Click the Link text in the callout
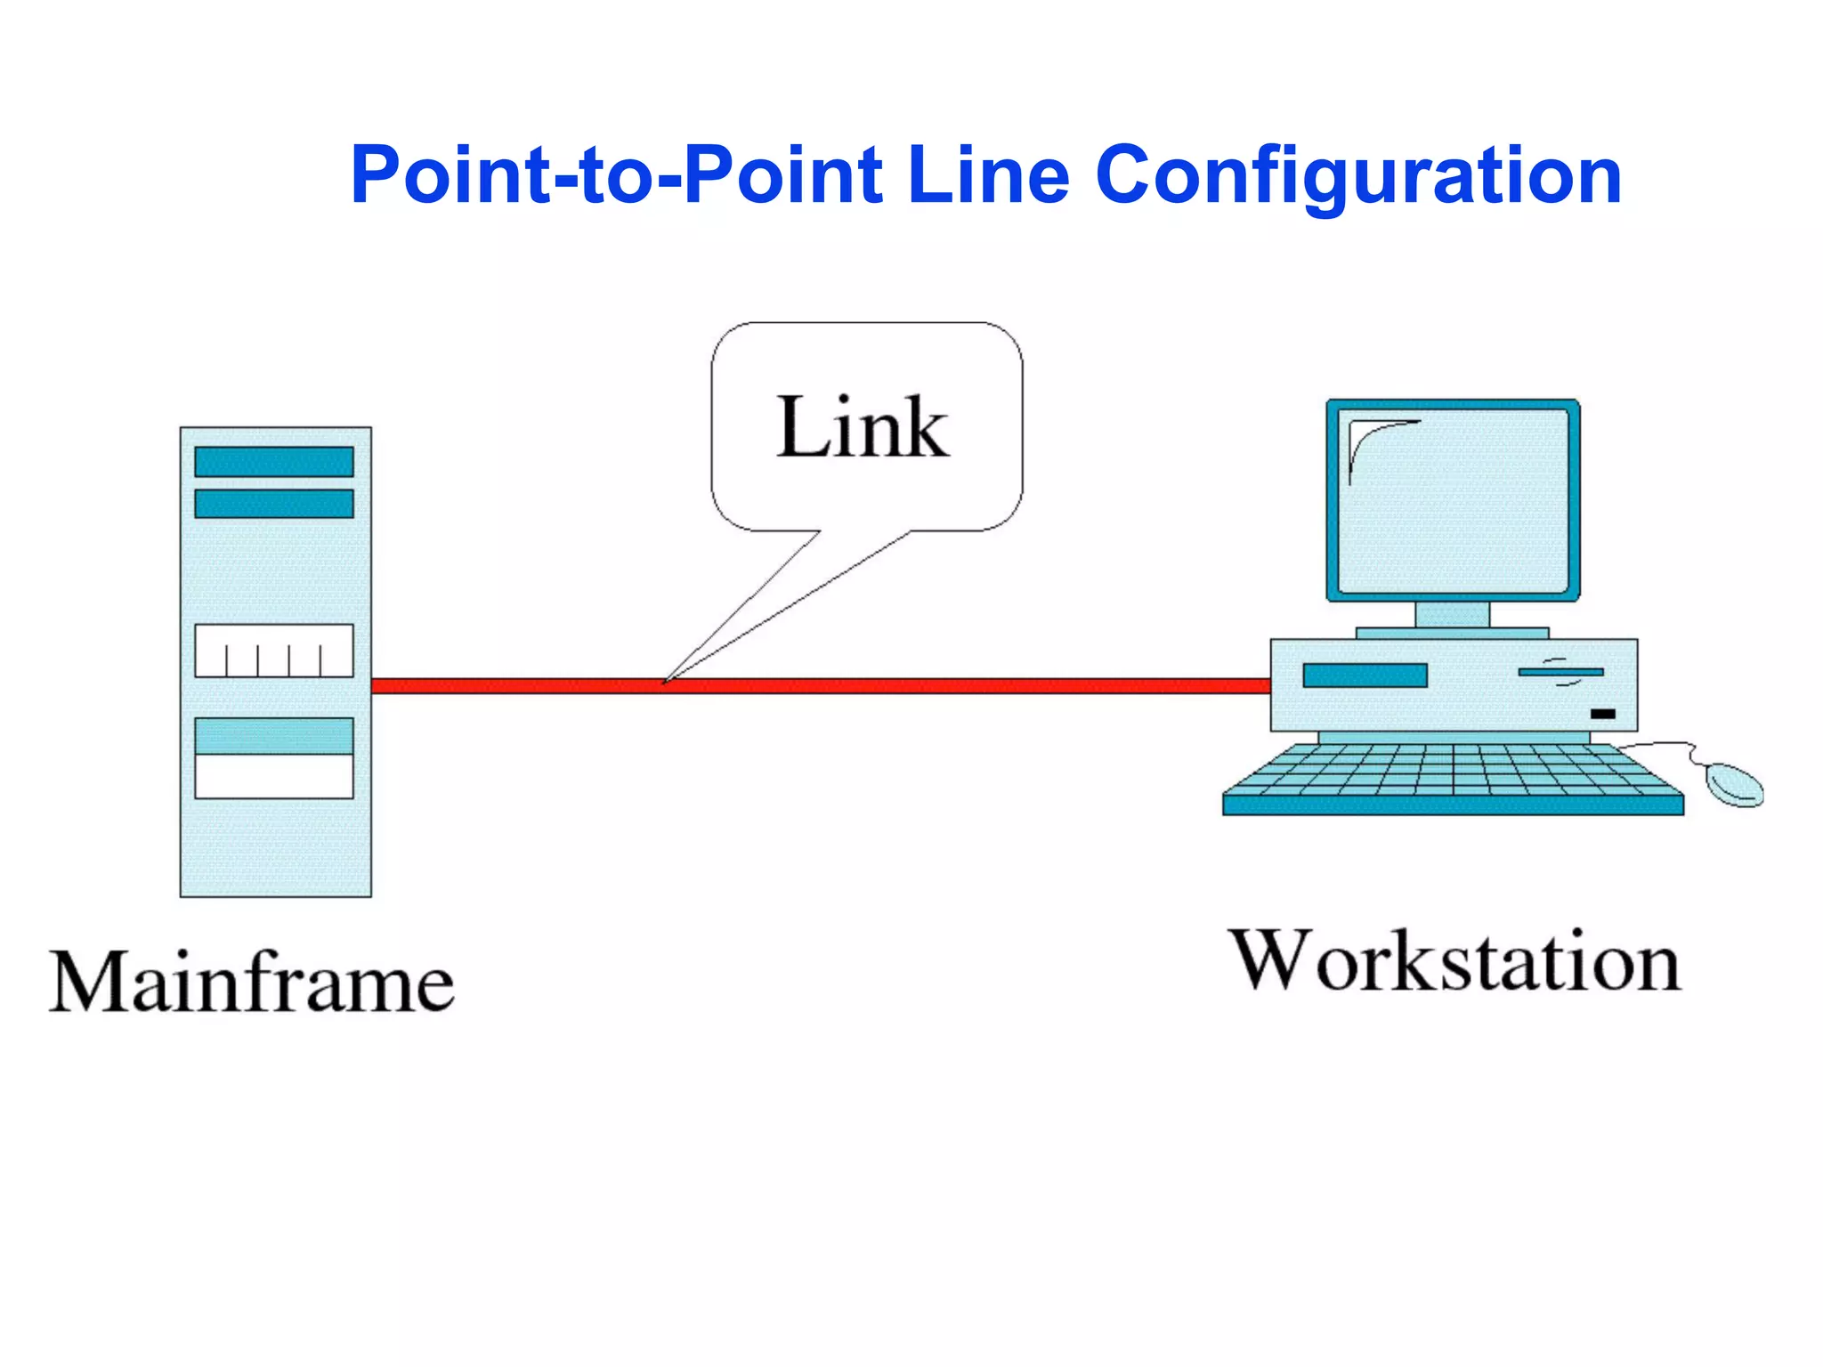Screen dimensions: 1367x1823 pos(863,429)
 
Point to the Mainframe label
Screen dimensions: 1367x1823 pos(252,983)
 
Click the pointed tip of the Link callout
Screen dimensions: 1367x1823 pos(665,682)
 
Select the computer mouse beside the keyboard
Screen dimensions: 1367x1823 pos(1734,784)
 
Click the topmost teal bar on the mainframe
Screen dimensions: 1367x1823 pos(274,462)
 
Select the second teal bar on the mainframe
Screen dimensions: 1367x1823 pos(274,504)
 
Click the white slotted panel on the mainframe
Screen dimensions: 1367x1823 pos(274,651)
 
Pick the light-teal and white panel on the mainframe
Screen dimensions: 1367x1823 pos(274,757)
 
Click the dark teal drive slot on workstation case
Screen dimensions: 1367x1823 pos(1365,675)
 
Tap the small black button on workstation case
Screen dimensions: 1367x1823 pos(1602,714)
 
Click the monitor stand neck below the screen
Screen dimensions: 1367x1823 pos(1452,614)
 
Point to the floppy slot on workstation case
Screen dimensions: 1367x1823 pos(1560,672)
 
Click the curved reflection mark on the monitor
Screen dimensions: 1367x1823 pos(1371,441)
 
